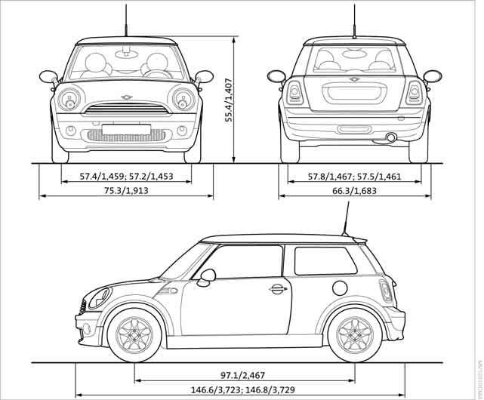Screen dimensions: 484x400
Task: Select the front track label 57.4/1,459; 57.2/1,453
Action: [x=126, y=177]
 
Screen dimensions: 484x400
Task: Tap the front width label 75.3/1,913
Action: [x=126, y=192]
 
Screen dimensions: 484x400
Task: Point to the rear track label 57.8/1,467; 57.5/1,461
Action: [x=354, y=177]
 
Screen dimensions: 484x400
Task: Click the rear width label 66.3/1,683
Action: [x=354, y=192]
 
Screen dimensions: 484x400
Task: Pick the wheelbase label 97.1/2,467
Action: [x=244, y=375]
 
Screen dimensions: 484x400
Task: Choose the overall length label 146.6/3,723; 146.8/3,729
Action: [x=244, y=389]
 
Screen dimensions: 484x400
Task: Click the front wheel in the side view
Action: [x=134, y=333]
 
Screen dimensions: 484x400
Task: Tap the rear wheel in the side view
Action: [x=355, y=333]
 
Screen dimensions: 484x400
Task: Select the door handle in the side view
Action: [x=278, y=288]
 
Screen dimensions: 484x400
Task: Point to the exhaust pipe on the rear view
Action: [x=392, y=137]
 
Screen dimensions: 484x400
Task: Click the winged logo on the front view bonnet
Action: [x=126, y=98]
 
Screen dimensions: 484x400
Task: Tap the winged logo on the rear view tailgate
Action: [x=354, y=78]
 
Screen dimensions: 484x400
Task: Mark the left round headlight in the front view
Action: [x=70, y=98]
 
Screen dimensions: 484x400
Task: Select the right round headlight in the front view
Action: [x=182, y=98]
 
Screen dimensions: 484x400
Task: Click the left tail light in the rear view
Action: [x=293, y=94]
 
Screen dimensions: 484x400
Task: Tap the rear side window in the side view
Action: [x=325, y=260]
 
